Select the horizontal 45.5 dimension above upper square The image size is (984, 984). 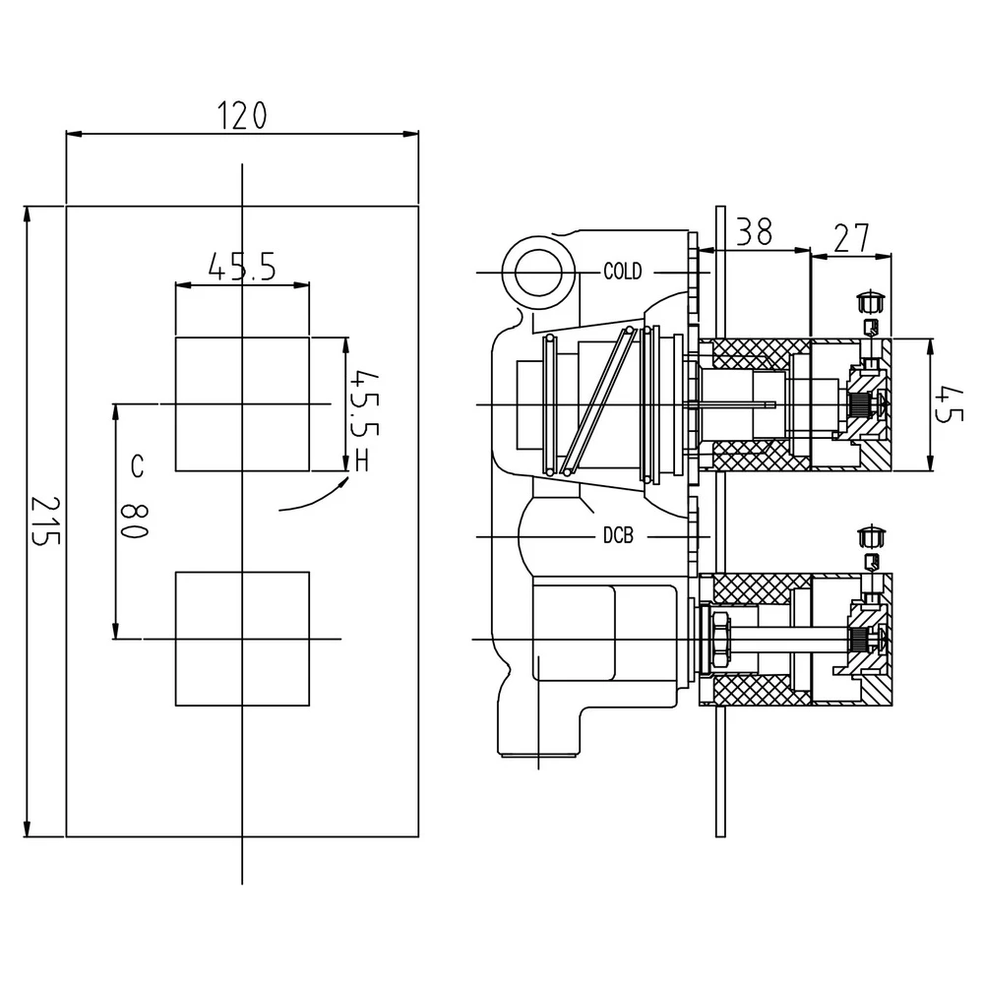pyautogui.click(x=241, y=266)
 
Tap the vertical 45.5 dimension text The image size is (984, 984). pyautogui.click(x=361, y=403)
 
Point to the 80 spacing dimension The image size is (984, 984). pyautogui.click(x=135, y=518)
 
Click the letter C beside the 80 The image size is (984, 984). pyautogui.click(x=135, y=467)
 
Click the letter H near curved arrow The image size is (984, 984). pyautogui.click(x=362, y=460)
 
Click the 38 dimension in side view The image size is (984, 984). pyautogui.click(x=754, y=231)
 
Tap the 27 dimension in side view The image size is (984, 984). pyautogui.click(x=852, y=237)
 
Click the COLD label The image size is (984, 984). pyautogui.click(x=622, y=272)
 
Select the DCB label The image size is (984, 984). pyautogui.click(x=618, y=536)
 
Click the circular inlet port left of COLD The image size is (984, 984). pyautogui.click(x=536, y=267)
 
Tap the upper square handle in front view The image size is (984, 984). pyautogui.click(x=242, y=403)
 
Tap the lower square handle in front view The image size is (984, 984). pyautogui.click(x=242, y=639)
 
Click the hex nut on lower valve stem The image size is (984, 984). pyautogui.click(x=721, y=639)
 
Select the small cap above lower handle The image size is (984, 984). pyautogui.click(x=871, y=535)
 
